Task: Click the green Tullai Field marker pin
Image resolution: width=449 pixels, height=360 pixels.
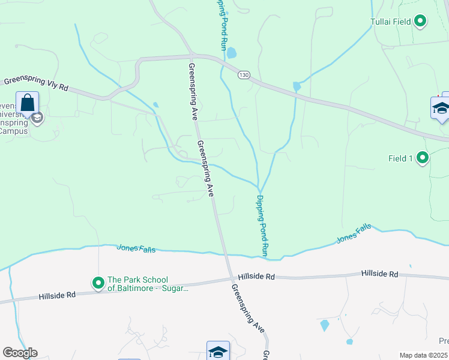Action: (420, 22)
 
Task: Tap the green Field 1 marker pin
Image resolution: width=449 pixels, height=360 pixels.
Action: (423, 158)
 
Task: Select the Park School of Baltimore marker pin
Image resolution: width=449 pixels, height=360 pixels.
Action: (97, 282)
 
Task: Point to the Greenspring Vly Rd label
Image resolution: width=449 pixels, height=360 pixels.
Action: (36, 83)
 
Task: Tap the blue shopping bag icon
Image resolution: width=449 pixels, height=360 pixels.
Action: (28, 103)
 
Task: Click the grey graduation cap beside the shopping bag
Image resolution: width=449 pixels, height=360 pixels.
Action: (38, 118)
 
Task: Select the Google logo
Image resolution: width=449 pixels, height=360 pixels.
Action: (20, 353)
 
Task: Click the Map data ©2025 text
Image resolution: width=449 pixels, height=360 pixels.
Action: (424, 355)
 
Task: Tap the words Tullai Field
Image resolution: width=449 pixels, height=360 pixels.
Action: (390, 22)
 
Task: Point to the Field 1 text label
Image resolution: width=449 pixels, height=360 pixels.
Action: (400, 158)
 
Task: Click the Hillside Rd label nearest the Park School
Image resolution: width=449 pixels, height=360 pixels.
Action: (58, 296)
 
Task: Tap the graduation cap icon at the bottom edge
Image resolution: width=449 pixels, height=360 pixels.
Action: (218, 352)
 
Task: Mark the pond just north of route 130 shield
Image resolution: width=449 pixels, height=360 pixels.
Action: (232, 53)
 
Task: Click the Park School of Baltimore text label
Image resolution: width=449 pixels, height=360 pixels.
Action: (146, 284)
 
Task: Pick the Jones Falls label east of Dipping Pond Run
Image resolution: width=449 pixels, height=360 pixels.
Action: (354, 234)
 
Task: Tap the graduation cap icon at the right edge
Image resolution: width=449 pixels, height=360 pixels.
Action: (441, 109)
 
